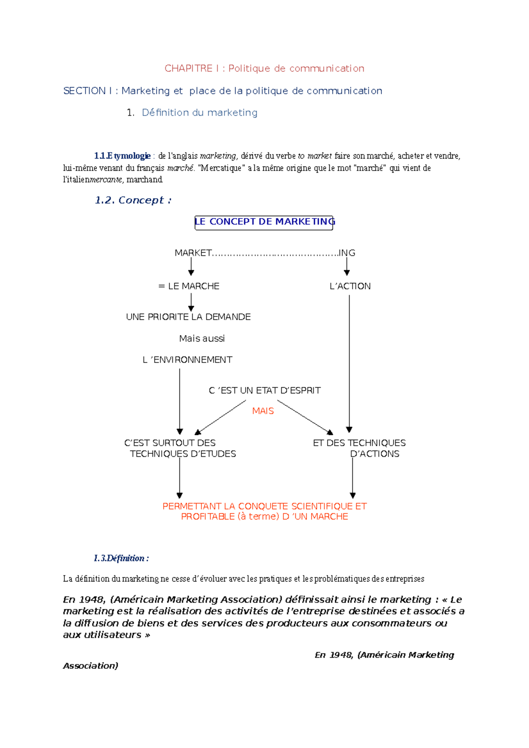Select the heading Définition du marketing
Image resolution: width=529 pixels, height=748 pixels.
[x=199, y=113]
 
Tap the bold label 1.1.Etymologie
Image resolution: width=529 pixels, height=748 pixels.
[x=122, y=156]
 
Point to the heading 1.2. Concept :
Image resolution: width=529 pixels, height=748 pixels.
[x=133, y=200]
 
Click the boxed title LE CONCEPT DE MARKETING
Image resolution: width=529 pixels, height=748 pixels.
[x=264, y=222]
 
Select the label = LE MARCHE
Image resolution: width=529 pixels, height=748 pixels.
[x=189, y=286]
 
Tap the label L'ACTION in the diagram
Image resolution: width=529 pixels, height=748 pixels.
[x=350, y=286]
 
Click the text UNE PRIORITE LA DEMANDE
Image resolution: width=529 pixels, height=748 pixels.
[x=188, y=317]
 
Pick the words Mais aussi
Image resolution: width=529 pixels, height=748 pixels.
[x=202, y=338]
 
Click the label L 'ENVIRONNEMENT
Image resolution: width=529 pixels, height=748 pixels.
[x=187, y=360]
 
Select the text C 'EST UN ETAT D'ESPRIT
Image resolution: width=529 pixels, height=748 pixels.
[x=264, y=390]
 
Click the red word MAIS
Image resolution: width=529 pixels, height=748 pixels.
[x=263, y=411]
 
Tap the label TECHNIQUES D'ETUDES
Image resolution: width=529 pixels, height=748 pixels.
[x=183, y=454]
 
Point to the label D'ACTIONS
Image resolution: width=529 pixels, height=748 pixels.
[x=375, y=454]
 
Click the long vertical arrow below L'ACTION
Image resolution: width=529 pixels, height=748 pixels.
[x=349, y=361]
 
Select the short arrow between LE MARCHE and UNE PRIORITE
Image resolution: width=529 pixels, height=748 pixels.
[x=191, y=302]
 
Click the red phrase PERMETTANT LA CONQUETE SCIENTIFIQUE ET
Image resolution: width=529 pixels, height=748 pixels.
[x=264, y=506]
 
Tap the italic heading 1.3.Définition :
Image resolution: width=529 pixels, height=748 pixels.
[x=121, y=558]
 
